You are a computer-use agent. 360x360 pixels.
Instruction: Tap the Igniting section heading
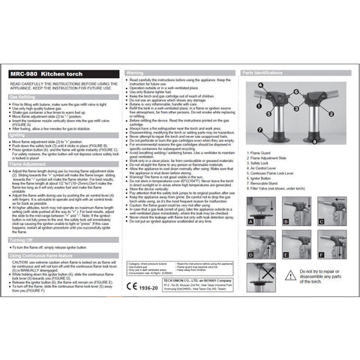(x=18, y=134)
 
